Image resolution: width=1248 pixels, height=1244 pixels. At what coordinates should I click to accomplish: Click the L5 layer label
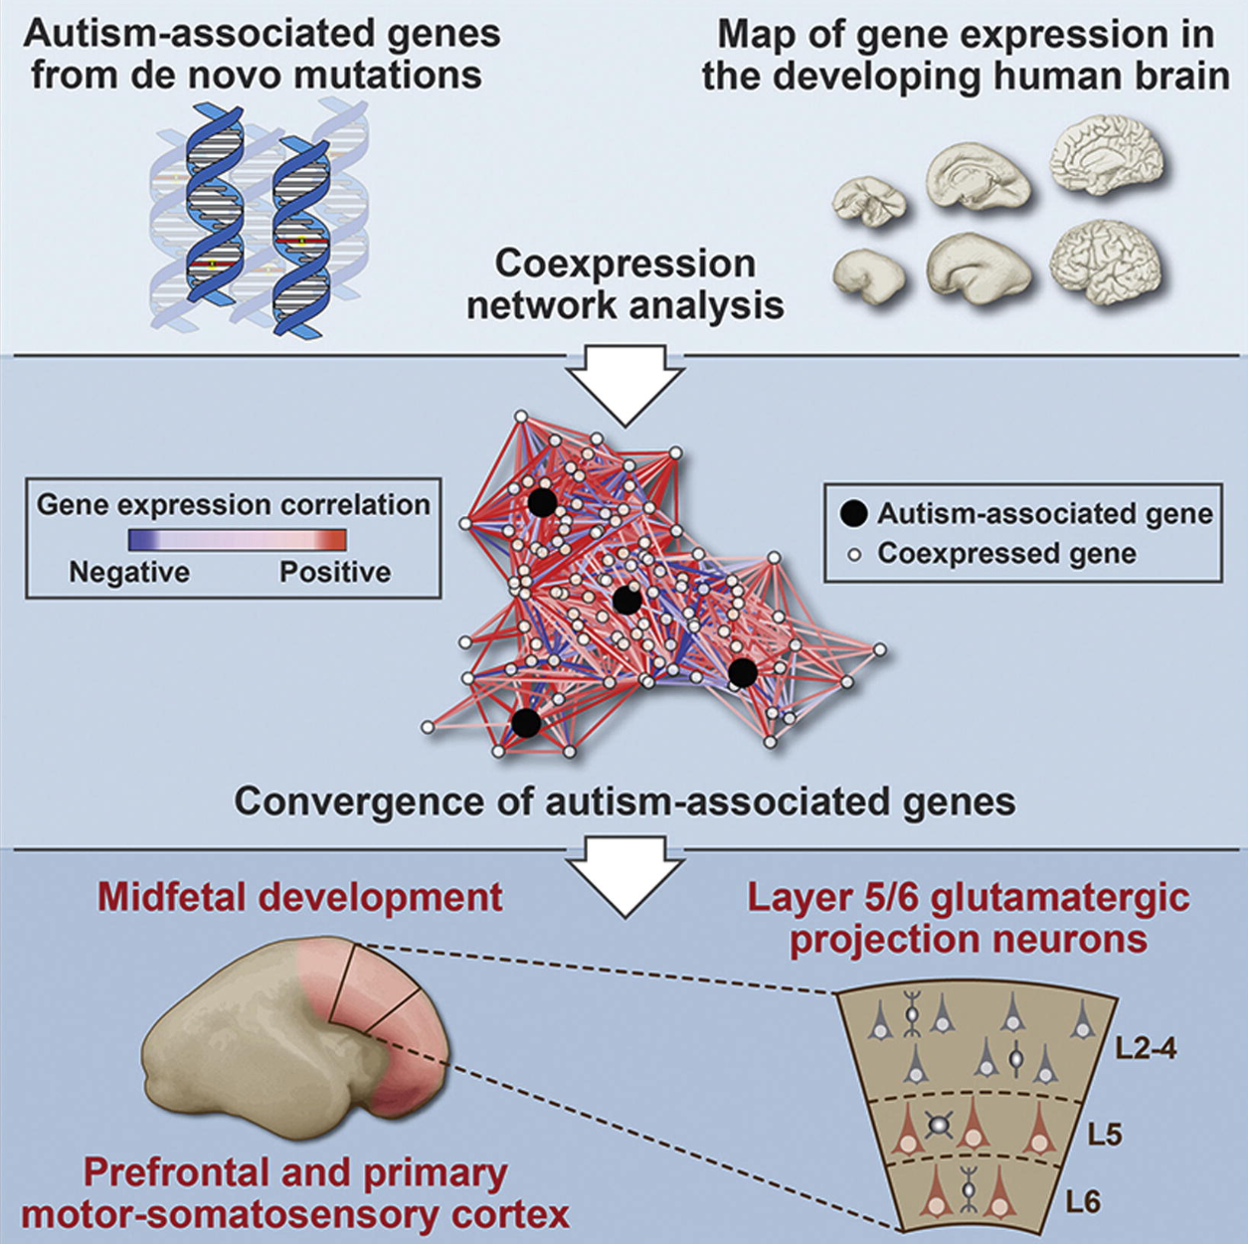[x=1105, y=1136]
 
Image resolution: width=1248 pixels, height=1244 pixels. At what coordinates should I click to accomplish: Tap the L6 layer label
[x=1082, y=1202]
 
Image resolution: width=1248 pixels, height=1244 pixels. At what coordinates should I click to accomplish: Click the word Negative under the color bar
[x=129, y=572]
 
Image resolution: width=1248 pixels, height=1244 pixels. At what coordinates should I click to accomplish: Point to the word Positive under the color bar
[x=335, y=572]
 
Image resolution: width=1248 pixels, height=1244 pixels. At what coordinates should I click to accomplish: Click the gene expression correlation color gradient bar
[x=237, y=540]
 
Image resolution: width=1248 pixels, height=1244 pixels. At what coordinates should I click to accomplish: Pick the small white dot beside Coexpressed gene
[x=855, y=555]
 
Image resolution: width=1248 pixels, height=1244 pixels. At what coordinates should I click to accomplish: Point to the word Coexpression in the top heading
[x=624, y=265]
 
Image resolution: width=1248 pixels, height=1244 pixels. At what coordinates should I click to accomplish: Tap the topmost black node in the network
[x=542, y=501]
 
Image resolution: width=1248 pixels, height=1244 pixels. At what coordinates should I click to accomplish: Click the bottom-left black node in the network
[x=526, y=722]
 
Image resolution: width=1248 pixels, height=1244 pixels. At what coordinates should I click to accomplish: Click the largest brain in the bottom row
[x=1111, y=267]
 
